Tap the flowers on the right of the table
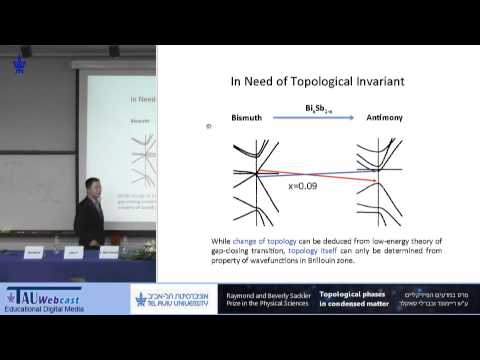pos(144,245)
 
